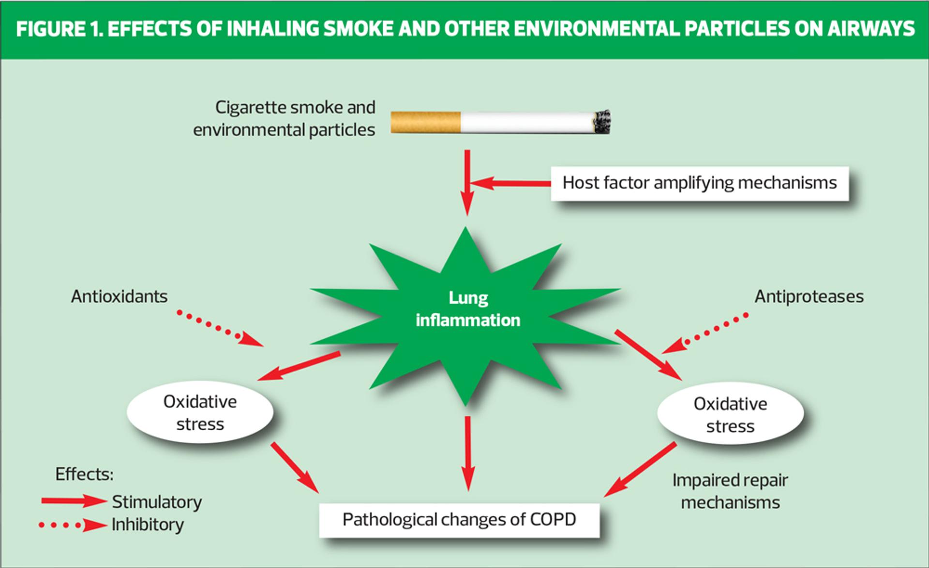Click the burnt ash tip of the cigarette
pyautogui.click(x=602, y=121)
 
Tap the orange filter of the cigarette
pyautogui.click(x=425, y=122)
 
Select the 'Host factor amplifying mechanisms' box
pyautogui.click(x=699, y=183)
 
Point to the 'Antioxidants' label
pyautogui.click(x=119, y=296)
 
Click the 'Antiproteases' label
pyautogui.click(x=809, y=296)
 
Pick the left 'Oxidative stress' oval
pyautogui.click(x=200, y=412)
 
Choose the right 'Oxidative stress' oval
pyautogui.click(x=730, y=414)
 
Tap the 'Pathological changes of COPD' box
pyautogui.click(x=459, y=520)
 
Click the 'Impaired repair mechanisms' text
pyautogui.click(x=730, y=491)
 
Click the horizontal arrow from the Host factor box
pyautogui.click(x=510, y=183)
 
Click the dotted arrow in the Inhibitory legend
pyautogui.click(x=73, y=525)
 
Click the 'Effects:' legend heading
pyautogui.click(x=84, y=474)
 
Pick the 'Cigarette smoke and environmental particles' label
pyautogui.click(x=285, y=118)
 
